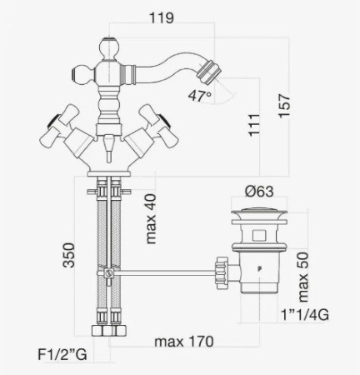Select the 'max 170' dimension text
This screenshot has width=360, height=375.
click(184, 341)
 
